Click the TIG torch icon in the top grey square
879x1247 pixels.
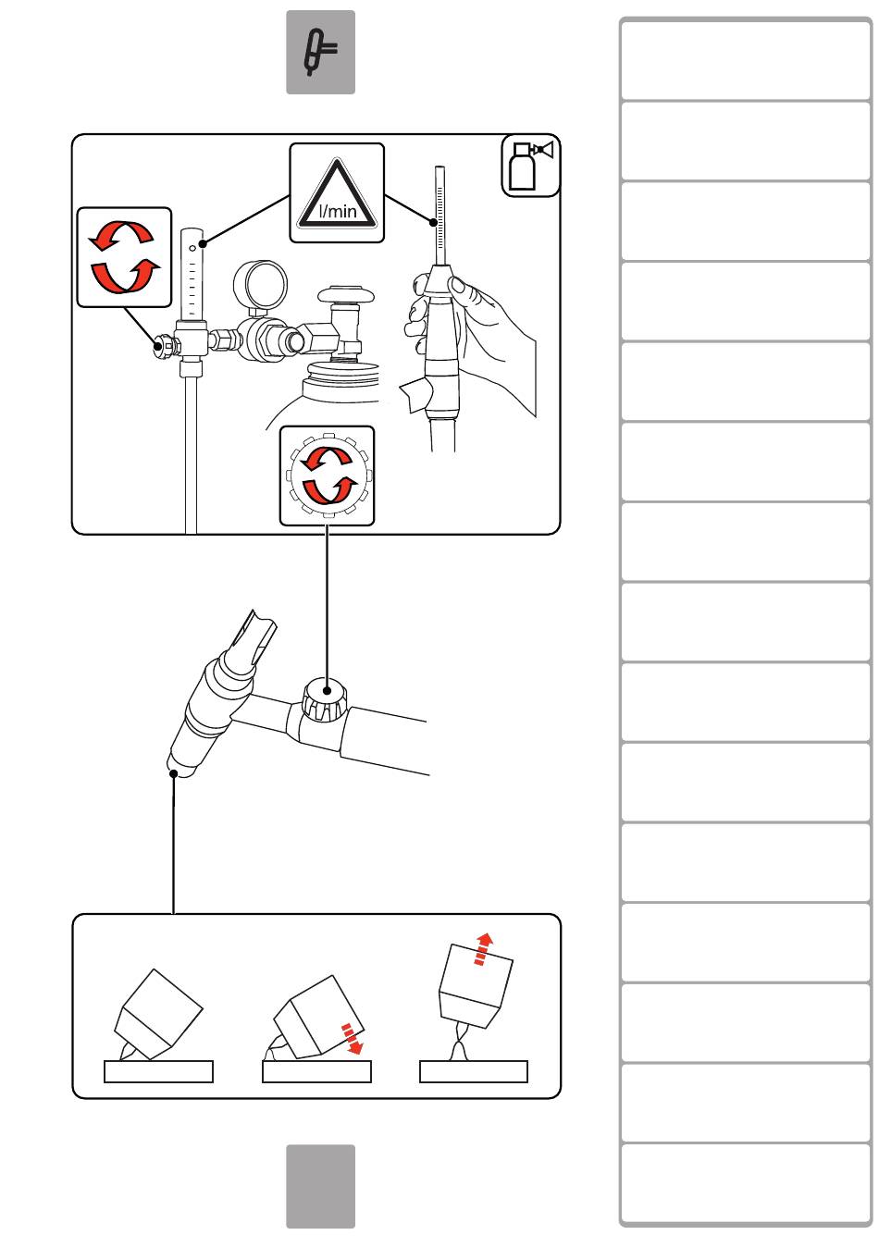tap(320, 53)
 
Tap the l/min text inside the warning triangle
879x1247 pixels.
tap(338, 211)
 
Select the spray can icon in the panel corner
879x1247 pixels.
tap(530, 166)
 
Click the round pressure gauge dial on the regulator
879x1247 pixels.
tap(260, 283)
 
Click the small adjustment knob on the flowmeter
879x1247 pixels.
tap(164, 346)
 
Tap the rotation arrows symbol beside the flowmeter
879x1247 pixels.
tap(124, 256)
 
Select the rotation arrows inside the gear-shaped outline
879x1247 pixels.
tap(328, 475)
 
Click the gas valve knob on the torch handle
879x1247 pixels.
tap(324, 698)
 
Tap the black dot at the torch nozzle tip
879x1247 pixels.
tap(174, 773)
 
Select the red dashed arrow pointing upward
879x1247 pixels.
tap(482, 948)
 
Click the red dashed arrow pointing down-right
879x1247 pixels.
tap(352, 1038)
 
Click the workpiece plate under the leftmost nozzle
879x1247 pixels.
tap(158, 1071)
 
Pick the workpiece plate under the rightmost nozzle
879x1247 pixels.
tap(474, 1071)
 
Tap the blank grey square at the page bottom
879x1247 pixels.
tap(321, 1186)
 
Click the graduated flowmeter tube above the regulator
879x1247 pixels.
tap(192, 274)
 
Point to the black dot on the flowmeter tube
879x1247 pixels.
tap(203, 244)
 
